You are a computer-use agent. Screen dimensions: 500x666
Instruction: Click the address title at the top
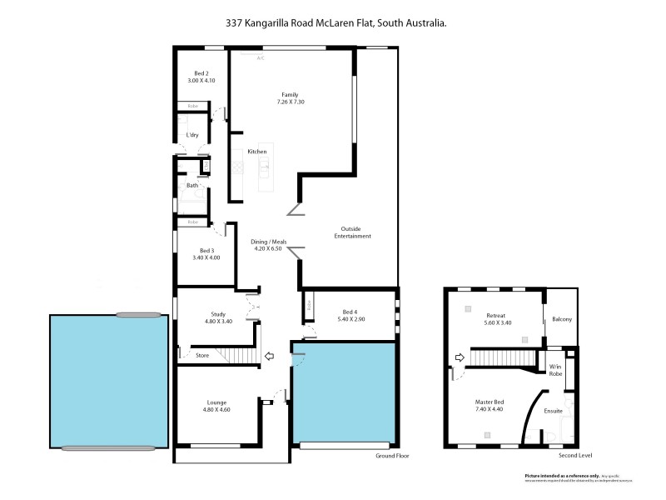pyautogui.click(x=336, y=24)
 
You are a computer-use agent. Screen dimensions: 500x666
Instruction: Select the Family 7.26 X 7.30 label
pyautogui.click(x=290, y=98)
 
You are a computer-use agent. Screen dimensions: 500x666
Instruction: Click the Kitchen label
pyautogui.click(x=256, y=151)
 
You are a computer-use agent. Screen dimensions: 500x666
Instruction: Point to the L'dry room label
pyautogui.click(x=192, y=135)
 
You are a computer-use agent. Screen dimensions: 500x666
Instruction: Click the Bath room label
pyautogui.click(x=192, y=185)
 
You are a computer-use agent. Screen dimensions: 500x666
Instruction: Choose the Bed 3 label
pyautogui.click(x=206, y=254)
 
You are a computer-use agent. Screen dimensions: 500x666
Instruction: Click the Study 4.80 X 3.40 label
pyautogui.click(x=218, y=317)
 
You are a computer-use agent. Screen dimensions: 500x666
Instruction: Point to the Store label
pyautogui.click(x=202, y=356)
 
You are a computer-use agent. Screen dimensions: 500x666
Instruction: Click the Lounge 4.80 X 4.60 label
pyautogui.click(x=216, y=406)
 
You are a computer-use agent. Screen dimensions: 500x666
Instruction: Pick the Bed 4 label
pyautogui.click(x=348, y=315)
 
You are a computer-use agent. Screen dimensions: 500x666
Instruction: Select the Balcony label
pyautogui.click(x=562, y=319)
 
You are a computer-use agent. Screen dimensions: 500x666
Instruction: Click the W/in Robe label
pyautogui.click(x=555, y=369)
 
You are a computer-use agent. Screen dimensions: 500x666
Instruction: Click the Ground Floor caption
pyautogui.click(x=392, y=456)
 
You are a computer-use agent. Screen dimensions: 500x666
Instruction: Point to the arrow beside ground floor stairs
pyautogui.click(x=269, y=357)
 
